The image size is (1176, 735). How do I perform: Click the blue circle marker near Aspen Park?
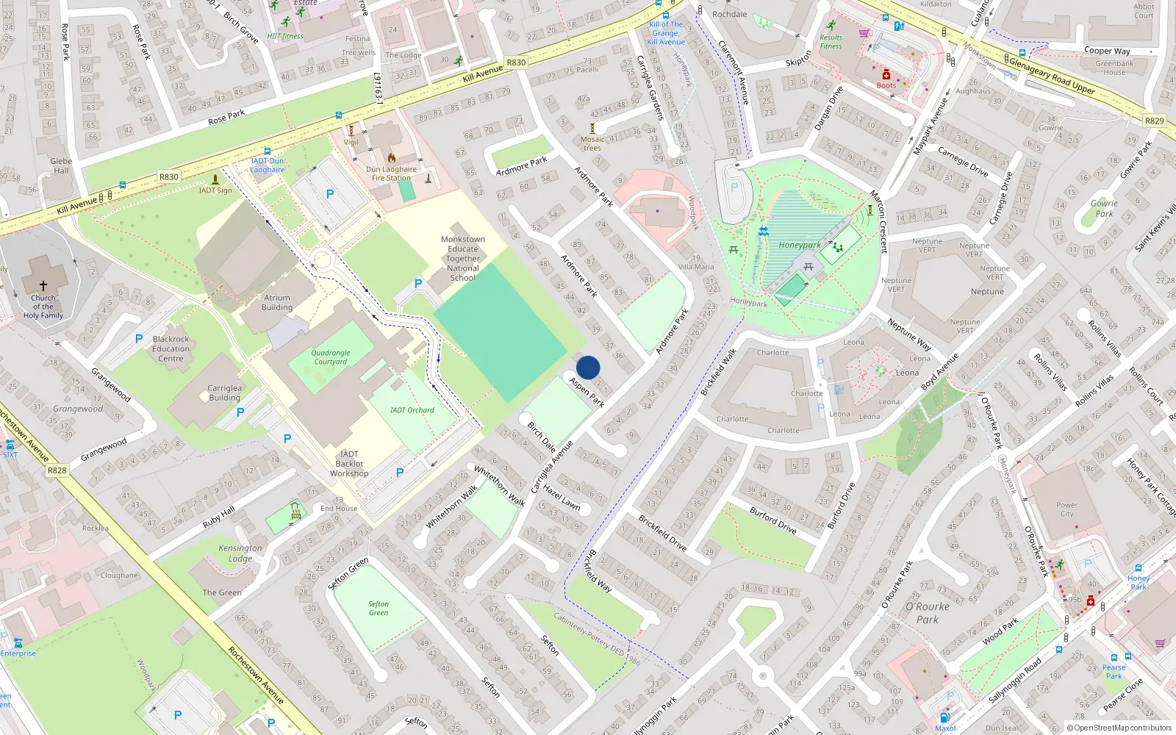588,367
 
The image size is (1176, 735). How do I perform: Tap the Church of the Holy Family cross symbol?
43,286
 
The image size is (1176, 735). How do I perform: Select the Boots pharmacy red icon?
886,75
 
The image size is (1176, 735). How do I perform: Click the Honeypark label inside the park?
800,245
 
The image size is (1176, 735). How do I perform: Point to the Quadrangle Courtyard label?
331,357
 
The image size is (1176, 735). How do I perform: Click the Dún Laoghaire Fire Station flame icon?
392,158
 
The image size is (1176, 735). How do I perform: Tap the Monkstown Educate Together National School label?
463,259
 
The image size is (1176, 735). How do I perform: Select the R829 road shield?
1154,121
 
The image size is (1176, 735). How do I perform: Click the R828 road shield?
57,470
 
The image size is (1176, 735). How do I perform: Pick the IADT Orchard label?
412,410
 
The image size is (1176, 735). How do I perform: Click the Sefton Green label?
379,609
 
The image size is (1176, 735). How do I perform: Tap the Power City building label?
1066,509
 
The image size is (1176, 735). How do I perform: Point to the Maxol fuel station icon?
944,717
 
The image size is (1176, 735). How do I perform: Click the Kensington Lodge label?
240,553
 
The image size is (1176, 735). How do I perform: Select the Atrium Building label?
277,303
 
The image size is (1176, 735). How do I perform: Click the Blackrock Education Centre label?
171,349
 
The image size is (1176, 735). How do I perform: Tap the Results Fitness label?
831,42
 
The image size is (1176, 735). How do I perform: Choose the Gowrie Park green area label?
1104,209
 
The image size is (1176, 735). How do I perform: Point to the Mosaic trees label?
592,143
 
